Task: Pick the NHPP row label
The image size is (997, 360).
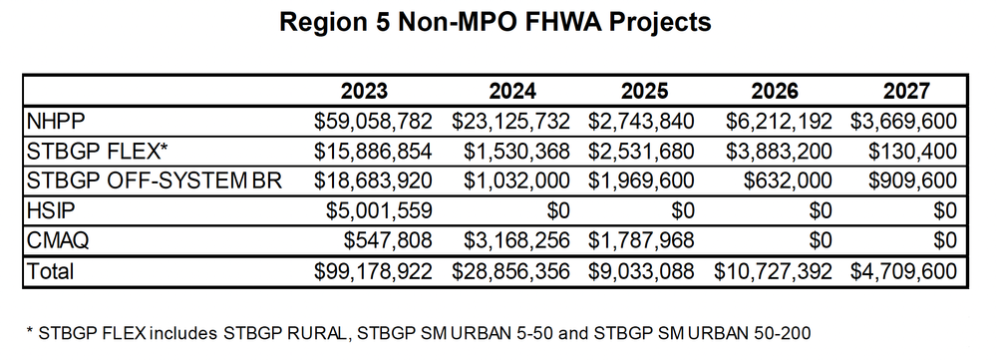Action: pos(58,122)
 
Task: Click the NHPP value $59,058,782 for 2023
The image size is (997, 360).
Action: pos(372,122)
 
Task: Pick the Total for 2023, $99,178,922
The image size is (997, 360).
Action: pos(372,271)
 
